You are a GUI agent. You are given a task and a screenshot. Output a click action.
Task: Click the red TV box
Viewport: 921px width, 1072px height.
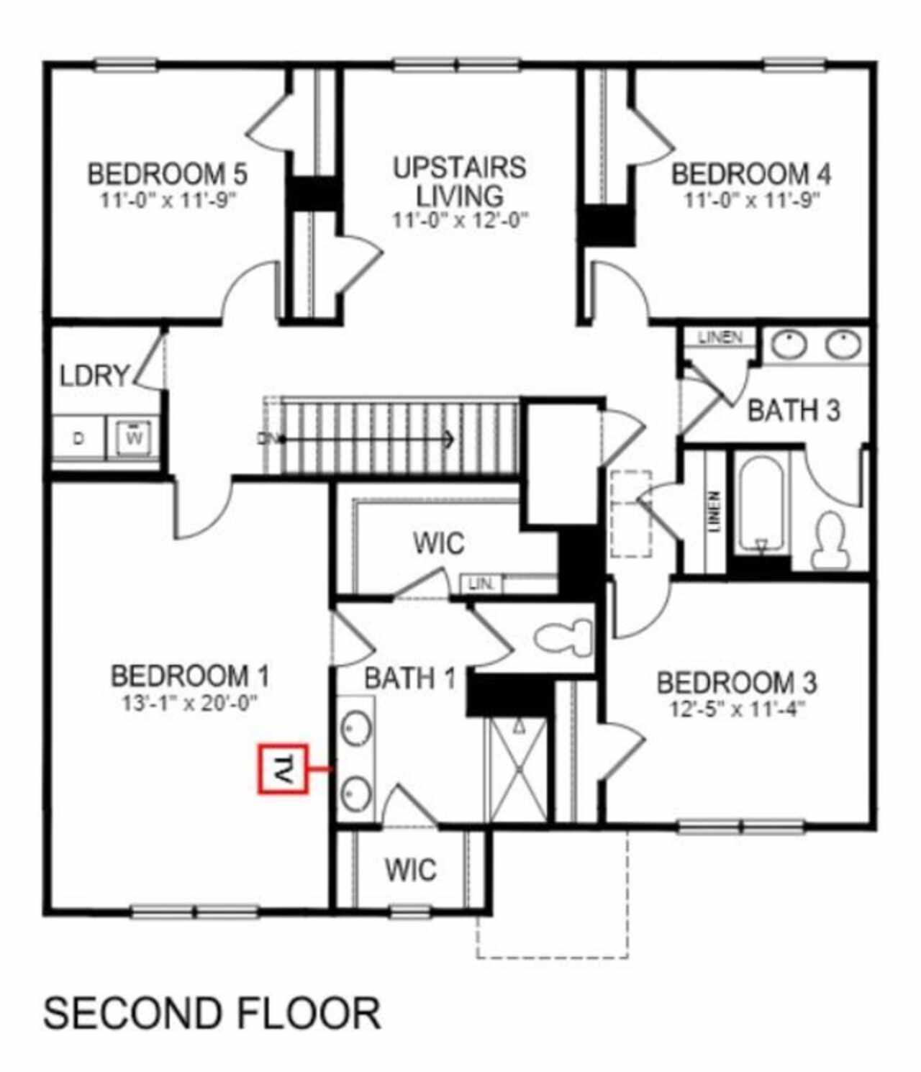tap(283, 769)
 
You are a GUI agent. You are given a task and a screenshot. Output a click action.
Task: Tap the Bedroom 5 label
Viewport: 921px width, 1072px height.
tap(167, 175)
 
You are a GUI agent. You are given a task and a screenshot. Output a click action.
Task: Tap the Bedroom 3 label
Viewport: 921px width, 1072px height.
tap(736, 683)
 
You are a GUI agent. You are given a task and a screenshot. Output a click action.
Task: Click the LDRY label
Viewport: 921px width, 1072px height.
tap(94, 376)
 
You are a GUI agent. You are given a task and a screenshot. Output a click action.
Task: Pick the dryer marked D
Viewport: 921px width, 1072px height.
tap(78, 437)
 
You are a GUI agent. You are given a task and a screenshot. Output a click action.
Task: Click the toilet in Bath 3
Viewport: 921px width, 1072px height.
tap(832, 540)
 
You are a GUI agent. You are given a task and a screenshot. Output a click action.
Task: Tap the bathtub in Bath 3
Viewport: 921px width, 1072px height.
tap(761, 504)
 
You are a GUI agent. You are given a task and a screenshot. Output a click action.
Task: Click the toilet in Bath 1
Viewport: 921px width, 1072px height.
tap(565, 637)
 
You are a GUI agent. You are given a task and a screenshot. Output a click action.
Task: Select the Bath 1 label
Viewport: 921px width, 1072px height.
tap(409, 678)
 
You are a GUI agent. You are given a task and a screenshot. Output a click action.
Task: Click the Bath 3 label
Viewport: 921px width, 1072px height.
tap(793, 411)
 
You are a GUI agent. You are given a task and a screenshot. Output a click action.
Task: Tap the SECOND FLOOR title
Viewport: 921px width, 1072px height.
tap(212, 1013)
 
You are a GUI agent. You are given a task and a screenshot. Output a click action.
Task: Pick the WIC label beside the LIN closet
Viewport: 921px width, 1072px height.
tap(438, 543)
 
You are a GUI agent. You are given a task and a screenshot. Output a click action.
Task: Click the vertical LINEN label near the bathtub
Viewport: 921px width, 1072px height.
tap(714, 512)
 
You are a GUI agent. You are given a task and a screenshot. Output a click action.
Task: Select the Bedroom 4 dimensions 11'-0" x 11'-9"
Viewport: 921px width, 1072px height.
tap(751, 200)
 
